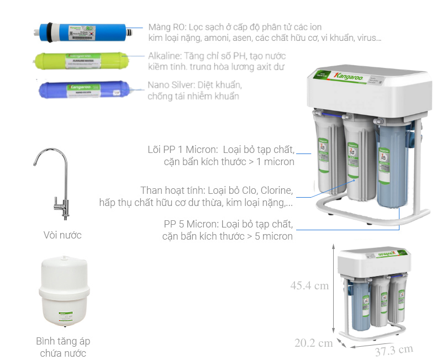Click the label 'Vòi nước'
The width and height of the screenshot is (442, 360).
tap(62, 235)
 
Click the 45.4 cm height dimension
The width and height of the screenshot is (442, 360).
tap(309, 285)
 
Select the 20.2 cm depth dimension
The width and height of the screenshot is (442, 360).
tap(313, 343)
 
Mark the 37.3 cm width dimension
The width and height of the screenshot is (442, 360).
tap(393, 350)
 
